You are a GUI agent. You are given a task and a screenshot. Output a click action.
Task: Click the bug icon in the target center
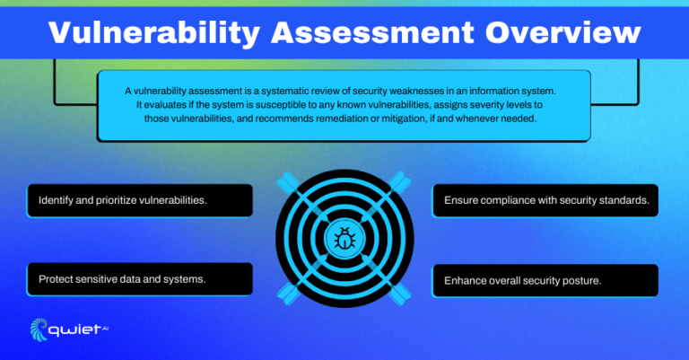[x=344, y=239]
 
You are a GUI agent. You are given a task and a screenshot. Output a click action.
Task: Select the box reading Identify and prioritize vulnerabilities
[x=138, y=200]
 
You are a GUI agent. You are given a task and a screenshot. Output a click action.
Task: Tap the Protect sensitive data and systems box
[x=138, y=278]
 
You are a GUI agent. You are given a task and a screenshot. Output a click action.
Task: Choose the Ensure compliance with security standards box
[x=545, y=200]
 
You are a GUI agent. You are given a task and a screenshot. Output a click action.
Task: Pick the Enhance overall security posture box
[x=545, y=280]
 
